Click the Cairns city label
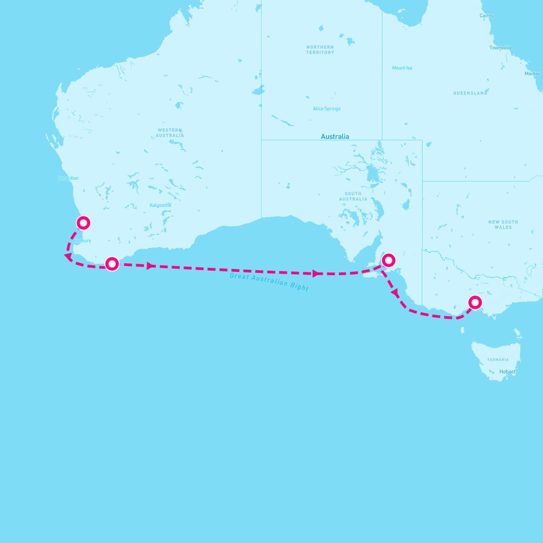[x=486, y=16]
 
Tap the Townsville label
[x=500, y=48]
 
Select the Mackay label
[x=532, y=74]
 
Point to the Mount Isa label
[x=402, y=68]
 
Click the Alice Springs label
[x=327, y=109]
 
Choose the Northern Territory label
[x=320, y=50]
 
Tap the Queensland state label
[x=470, y=93]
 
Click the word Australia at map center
[x=335, y=136]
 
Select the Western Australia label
[x=170, y=133]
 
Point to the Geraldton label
[x=68, y=178]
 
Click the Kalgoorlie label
[x=161, y=205]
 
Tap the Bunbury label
[x=82, y=241]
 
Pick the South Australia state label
[x=353, y=196]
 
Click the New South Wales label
[x=503, y=224]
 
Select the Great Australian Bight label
[x=269, y=282]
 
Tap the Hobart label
[x=507, y=372]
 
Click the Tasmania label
[x=498, y=360]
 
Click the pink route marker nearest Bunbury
[x=83, y=223]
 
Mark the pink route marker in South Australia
[x=388, y=260]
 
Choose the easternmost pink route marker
[x=475, y=302]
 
